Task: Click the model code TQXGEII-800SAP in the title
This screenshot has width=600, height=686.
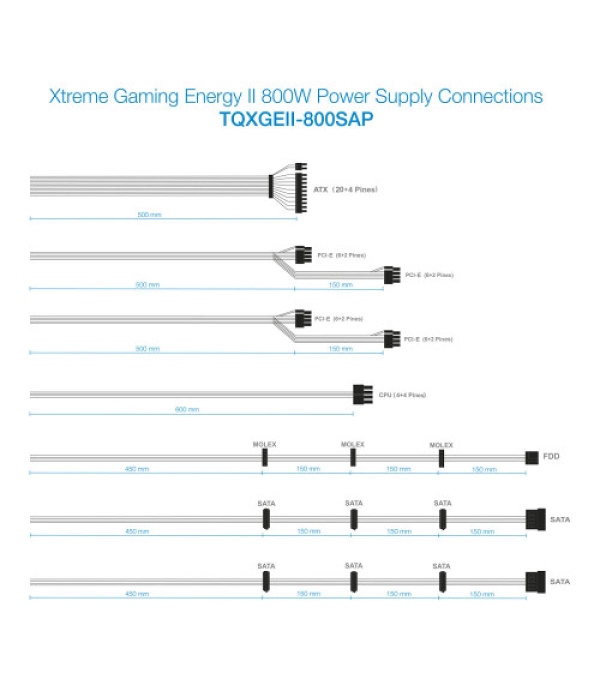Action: click(x=296, y=120)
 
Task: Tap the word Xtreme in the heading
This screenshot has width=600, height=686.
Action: click(x=79, y=96)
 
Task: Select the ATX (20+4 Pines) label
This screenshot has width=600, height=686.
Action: click(x=345, y=189)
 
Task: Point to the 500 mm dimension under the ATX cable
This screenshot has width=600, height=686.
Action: click(x=149, y=215)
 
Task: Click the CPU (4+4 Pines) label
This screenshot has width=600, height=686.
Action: click(x=402, y=395)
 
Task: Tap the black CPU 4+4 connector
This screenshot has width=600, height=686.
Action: click(x=362, y=394)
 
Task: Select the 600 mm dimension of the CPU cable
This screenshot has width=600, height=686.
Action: click(x=187, y=409)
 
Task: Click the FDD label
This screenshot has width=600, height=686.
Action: click(x=551, y=456)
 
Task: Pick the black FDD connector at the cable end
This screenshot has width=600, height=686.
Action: click(x=531, y=457)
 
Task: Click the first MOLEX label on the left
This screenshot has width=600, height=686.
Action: click(x=264, y=444)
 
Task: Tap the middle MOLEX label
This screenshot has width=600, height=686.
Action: click(x=352, y=444)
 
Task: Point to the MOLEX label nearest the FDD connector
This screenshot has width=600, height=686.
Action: click(x=441, y=445)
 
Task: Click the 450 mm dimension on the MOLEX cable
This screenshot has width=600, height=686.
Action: click(x=136, y=469)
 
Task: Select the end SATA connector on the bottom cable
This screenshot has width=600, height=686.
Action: click(x=535, y=581)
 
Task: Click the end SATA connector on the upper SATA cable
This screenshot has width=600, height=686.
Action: click(x=535, y=519)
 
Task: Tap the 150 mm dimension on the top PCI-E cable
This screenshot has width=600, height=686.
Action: click(x=340, y=285)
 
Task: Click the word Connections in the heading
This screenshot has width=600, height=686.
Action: click(x=490, y=96)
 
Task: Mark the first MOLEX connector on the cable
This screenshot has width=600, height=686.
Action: click(x=264, y=457)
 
